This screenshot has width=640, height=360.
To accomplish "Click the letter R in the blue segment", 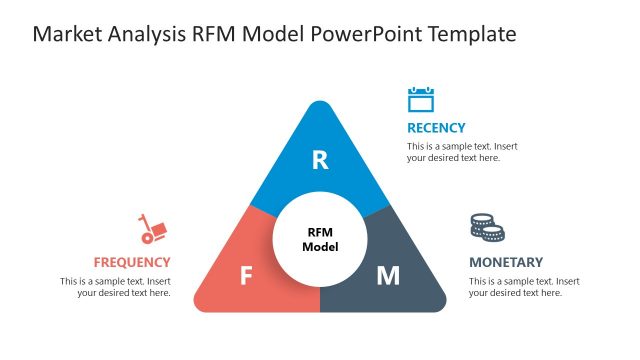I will [x=320, y=160].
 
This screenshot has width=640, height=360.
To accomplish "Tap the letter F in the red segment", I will [x=246, y=276].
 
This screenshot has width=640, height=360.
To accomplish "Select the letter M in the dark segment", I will [x=388, y=276].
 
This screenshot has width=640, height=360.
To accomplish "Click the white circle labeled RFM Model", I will [x=320, y=240].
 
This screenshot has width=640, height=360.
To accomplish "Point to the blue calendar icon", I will [x=421, y=99].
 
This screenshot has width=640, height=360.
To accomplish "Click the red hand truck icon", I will [x=152, y=230].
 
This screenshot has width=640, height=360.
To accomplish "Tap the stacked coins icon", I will [x=487, y=227].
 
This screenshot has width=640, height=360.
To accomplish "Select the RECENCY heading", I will [x=436, y=128].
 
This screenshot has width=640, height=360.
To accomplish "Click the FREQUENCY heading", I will [x=132, y=263].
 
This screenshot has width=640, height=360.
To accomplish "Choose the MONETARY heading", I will [x=506, y=262].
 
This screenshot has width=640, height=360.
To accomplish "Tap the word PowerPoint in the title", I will [x=366, y=35].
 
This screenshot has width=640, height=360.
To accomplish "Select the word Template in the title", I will [x=472, y=35].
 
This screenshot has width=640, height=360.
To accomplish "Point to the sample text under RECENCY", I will [x=462, y=152].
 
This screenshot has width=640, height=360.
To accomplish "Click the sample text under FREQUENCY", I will [x=115, y=287].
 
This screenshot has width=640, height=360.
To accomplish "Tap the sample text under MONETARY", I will [x=524, y=287].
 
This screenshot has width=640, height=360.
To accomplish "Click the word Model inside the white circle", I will [x=320, y=247].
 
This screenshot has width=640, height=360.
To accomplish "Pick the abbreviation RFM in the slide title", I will [x=219, y=35].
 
